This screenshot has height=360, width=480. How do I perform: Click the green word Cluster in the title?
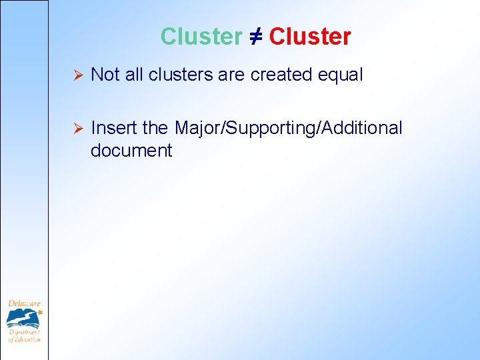[x=201, y=37]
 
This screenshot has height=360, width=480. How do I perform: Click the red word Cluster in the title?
[x=310, y=37]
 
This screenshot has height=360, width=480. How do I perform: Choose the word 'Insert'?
[x=114, y=127]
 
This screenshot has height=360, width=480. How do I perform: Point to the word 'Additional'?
[x=364, y=127]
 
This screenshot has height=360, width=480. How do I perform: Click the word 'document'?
[x=131, y=151]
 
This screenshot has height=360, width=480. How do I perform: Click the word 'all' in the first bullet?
[x=134, y=75]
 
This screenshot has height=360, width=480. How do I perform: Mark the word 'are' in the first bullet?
[x=231, y=75]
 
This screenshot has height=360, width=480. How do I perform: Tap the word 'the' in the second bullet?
[x=155, y=127]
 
